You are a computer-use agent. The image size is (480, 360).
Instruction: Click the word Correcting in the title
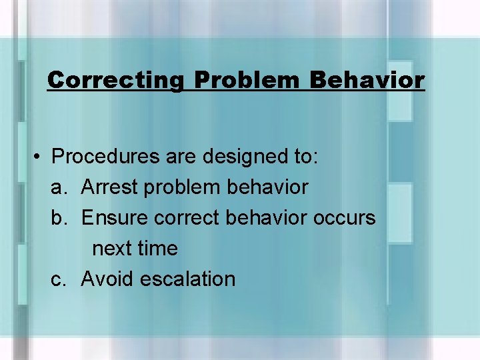[x=115, y=81]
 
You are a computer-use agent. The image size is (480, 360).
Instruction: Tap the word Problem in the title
[x=248, y=81]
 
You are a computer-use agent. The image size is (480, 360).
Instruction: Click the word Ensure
[x=114, y=218]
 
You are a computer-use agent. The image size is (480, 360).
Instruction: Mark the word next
[x=112, y=249]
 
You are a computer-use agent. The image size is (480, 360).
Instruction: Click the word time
[x=157, y=249]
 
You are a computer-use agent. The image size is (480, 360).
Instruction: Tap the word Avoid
[x=107, y=279]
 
